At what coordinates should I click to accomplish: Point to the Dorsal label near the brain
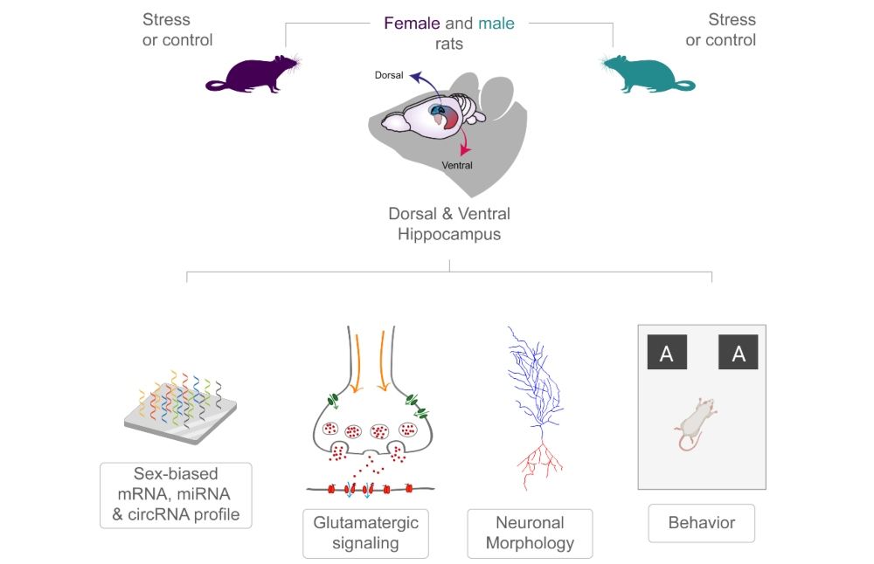pos(390,76)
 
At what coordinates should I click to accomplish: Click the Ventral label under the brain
pos(456,165)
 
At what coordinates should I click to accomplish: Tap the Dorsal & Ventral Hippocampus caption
pos(449,224)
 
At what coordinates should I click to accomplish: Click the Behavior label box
pos(701,524)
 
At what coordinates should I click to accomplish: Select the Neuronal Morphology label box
pos(530,533)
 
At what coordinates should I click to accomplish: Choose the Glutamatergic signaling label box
pos(365,533)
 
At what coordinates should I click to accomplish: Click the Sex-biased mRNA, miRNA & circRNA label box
pos(176,495)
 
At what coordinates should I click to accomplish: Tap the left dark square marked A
pos(666,353)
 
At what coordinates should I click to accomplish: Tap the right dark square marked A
pos(738,353)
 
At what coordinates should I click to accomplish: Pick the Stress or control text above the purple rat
pos(177,30)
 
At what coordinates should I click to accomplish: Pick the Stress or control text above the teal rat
pos(720,30)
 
